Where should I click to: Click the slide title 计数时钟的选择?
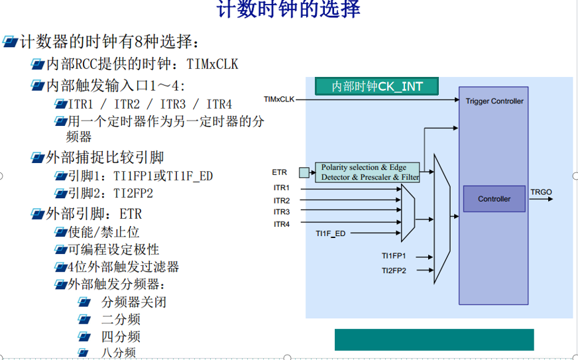point(288,9)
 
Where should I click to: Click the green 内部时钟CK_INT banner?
point(376,86)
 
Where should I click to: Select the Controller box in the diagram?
point(494,199)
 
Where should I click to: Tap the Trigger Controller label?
point(494,101)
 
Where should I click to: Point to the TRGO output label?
point(541,192)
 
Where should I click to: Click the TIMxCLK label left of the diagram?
point(279,99)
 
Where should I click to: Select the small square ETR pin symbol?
point(304,172)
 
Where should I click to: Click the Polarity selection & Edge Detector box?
point(367,172)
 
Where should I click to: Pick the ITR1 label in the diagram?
point(282,188)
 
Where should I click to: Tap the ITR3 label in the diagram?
point(282,211)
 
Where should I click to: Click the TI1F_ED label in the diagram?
point(331,233)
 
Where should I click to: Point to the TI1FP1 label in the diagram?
point(394,256)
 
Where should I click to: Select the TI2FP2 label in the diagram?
point(394,270)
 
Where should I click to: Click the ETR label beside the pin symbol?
point(280,172)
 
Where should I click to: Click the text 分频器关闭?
point(134,302)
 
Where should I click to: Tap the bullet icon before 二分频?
point(84,319)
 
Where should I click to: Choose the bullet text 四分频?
point(121,336)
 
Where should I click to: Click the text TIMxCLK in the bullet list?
point(212,64)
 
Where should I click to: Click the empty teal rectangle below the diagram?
point(434,339)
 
